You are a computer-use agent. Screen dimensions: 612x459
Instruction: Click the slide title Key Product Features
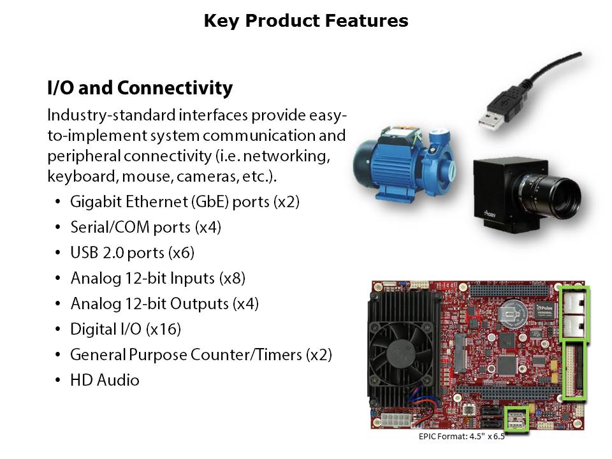pyautogui.click(x=306, y=20)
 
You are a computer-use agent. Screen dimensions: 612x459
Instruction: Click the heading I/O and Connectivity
pyautogui.click(x=140, y=87)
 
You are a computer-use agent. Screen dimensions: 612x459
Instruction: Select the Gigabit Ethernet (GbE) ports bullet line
pyautogui.click(x=185, y=202)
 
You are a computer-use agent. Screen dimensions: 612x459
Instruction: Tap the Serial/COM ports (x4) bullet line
pyautogui.click(x=145, y=227)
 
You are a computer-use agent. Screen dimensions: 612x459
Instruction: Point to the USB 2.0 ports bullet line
pyautogui.click(x=133, y=253)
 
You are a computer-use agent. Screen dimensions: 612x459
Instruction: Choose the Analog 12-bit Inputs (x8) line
pyautogui.click(x=157, y=279)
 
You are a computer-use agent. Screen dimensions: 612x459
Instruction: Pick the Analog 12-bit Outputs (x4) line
pyautogui.click(x=164, y=303)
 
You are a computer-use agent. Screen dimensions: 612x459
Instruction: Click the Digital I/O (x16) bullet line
pyautogui.click(x=126, y=329)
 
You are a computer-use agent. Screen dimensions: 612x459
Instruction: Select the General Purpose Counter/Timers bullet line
pyautogui.click(x=201, y=355)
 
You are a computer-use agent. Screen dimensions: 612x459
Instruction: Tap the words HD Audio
pyautogui.click(x=105, y=380)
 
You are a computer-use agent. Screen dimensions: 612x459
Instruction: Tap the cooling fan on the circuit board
pyautogui.click(x=400, y=352)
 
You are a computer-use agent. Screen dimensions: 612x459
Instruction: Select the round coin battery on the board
pyautogui.click(x=513, y=312)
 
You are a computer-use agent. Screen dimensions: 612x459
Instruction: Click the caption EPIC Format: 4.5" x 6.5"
pyautogui.click(x=462, y=436)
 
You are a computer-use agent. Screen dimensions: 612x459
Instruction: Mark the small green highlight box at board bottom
pyautogui.click(x=516, y=419)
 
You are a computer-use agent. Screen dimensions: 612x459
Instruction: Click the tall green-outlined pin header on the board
pyautogui.click(x=575, y=370)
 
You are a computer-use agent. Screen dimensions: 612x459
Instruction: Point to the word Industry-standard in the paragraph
pyautogui.click(x=111, y=115)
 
